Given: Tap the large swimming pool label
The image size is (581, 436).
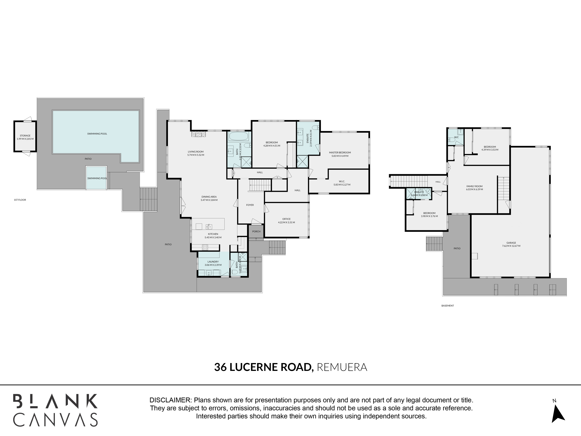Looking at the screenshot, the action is (97, 134).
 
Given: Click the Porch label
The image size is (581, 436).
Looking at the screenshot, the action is (256, 232).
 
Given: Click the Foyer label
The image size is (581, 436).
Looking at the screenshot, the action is (250, 205).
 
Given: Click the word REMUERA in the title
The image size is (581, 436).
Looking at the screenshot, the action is (342, 367).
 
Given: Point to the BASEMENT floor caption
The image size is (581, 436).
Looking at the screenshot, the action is (448, 306).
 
